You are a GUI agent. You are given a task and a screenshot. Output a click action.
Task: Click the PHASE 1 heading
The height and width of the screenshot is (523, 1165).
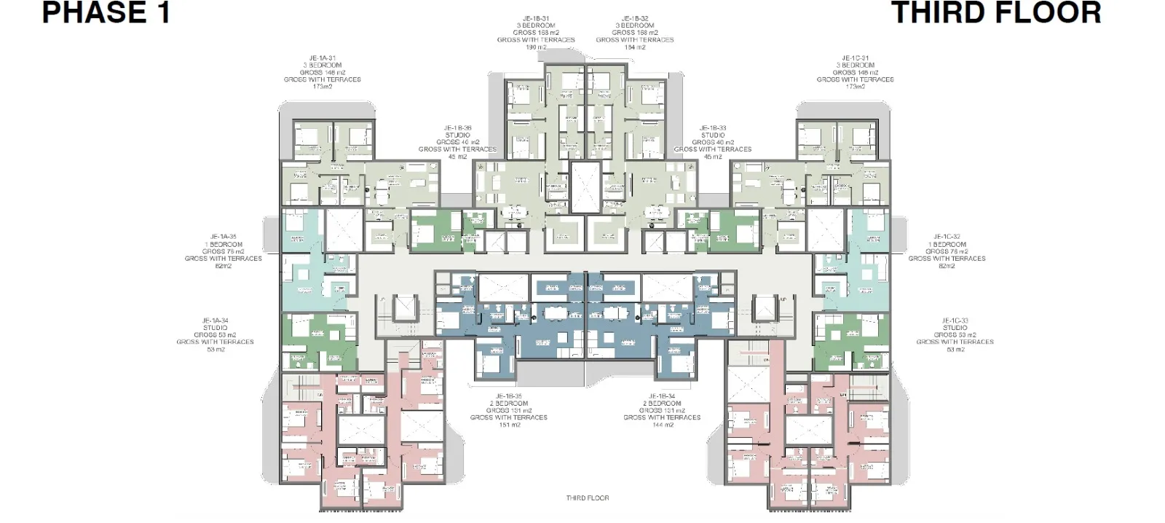click(106, 13)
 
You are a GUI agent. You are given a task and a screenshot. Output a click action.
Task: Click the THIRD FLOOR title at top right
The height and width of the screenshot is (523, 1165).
click(996, 13)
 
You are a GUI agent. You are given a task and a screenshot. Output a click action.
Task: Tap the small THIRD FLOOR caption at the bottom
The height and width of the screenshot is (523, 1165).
click(587, 498)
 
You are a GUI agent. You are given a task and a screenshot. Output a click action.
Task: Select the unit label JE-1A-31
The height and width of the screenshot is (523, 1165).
click(323, 58)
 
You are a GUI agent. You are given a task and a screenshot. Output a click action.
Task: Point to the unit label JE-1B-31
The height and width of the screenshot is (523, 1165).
click(536, 19)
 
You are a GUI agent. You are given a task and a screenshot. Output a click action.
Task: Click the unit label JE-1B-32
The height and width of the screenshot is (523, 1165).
click(635, 19)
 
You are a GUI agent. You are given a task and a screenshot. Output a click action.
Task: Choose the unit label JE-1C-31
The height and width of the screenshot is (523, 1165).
click(855, 58)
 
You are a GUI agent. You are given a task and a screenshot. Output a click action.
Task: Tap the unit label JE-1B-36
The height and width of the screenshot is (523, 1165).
click(457, 128)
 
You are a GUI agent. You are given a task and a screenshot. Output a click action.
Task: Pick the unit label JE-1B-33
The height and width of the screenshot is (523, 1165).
click(713, 128)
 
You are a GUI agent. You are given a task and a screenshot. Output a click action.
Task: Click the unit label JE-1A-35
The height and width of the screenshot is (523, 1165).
click(224, 237)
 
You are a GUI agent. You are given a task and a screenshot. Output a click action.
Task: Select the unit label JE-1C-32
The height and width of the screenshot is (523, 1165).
click(947, 237)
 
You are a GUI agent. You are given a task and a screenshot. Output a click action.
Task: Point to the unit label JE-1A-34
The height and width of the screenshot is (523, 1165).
click(216, 321)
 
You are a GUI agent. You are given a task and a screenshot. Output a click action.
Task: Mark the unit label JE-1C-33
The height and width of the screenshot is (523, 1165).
click(955, 321)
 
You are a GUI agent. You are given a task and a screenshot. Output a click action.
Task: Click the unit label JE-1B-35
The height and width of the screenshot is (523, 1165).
click(508, 396)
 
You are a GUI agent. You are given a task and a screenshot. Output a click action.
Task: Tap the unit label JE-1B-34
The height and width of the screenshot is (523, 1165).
click(662, 396)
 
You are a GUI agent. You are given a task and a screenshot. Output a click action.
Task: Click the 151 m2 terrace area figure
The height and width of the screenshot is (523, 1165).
click(508, 425)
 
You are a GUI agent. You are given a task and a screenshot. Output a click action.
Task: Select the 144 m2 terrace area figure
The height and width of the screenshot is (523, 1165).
click(662, 425)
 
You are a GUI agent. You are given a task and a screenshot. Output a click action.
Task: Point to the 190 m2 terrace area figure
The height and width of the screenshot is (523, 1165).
click(536, 47)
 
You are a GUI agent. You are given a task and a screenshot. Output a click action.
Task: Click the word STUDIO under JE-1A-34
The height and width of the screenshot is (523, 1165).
click(216, 328)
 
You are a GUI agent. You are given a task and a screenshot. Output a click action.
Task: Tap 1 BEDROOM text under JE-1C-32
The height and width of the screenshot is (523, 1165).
click(947, 244)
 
